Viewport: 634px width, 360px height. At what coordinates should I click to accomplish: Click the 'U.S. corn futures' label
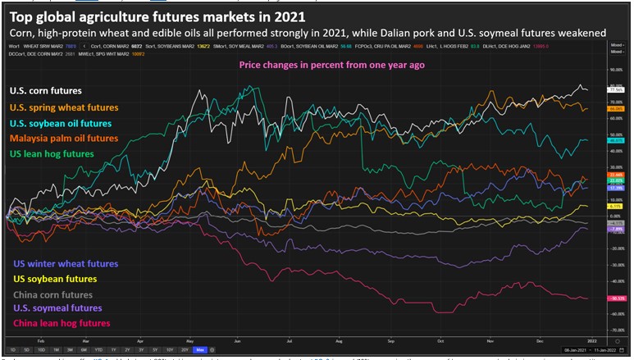[x=47, y=91]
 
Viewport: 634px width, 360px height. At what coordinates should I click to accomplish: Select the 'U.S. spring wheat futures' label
[x=64, y=107]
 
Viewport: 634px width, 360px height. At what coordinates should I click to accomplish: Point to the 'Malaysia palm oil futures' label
[x=64, y=138]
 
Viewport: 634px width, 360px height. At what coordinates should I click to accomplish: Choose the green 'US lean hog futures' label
[x=52, y=153]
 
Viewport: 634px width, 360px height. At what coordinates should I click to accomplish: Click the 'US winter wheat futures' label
[x=66, y=264]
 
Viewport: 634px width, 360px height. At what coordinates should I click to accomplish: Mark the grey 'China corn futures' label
[x=53, y=294]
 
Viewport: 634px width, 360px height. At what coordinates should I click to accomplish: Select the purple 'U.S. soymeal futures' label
[x=58, y=308]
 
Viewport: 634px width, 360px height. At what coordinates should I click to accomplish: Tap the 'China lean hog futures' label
[x=61, y=323]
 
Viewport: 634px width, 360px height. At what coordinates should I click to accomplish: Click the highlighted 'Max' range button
[x=199, y=350]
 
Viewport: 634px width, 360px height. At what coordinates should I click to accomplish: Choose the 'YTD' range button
[x=98, y=350]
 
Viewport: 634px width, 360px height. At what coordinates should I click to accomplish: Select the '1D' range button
[x=13, y=350]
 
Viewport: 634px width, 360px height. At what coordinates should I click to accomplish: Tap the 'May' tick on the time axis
[x=189, y=338]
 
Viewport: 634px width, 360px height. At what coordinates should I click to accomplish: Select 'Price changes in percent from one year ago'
[x=331, y=65]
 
